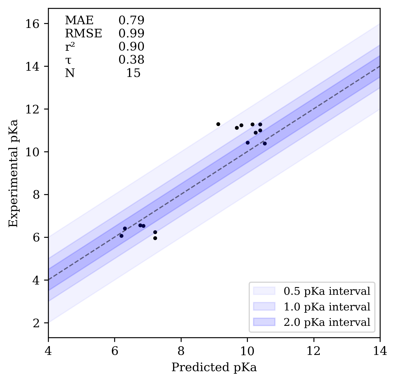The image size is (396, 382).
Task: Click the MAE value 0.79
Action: [x=131, y=21]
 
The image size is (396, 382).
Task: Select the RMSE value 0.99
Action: [x=131, y=34]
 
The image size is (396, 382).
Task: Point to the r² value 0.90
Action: [x=131, y=47]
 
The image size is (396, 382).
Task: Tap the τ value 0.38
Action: [x=131, y=60]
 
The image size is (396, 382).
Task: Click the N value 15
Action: [x=133, y=73]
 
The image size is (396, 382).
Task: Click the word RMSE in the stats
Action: [x=83, y=34]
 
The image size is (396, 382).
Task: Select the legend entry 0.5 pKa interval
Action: [x=327, y=291]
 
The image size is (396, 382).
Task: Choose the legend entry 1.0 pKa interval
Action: [x=327, y=307]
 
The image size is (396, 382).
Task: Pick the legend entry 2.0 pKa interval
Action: [x=327, y=322]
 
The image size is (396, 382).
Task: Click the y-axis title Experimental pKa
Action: [x=13, y=173]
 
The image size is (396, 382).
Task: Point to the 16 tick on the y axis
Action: [x=32, y=24]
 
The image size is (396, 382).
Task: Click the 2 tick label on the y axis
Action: [x=36, y=323]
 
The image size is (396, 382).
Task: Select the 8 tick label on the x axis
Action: [x=181, y=351]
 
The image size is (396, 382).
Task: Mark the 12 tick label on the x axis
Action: [x=313, y=351]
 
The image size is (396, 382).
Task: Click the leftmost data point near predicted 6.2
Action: [x=121, y=236]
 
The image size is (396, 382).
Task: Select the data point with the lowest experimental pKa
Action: [x=155, y=238]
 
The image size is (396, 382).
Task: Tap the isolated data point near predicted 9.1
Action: [x=218, y=124]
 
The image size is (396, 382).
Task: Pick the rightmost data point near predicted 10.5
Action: [x=265, y=143]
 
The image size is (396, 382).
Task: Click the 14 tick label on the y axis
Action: [x=32, y=66]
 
